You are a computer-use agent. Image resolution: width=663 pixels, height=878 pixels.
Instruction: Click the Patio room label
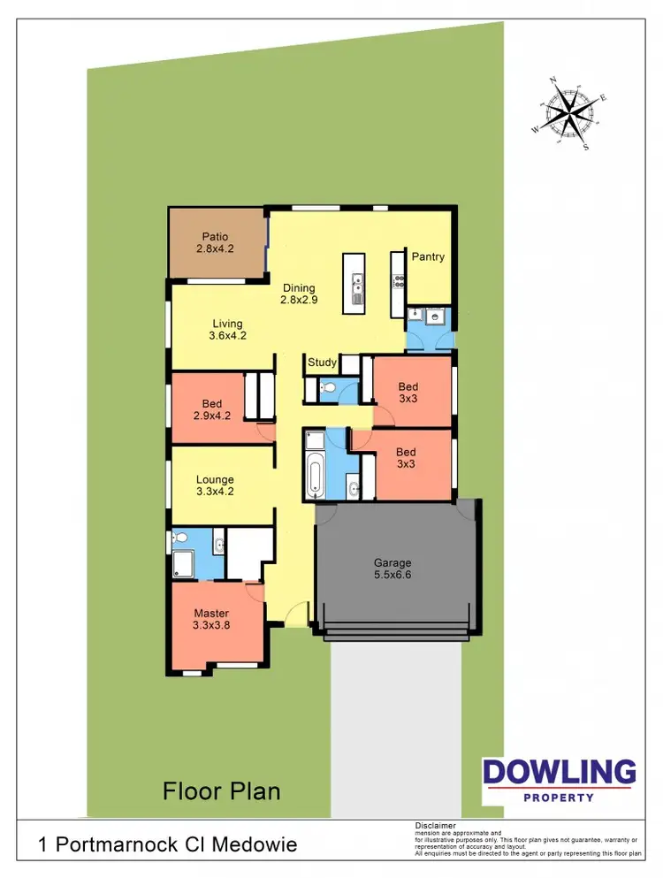click(215, 243)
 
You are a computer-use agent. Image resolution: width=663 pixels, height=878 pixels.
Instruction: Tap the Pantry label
click(428, 257)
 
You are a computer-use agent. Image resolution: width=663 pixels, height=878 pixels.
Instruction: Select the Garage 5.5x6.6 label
click(392, 569)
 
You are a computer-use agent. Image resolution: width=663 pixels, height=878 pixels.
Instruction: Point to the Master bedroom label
click(212, 620)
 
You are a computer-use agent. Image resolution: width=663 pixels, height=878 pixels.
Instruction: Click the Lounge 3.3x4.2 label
click(215, 486)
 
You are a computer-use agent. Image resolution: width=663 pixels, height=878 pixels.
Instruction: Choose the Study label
click(322, 363)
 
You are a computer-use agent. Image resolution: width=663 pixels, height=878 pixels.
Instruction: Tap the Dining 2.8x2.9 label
click(299, 294)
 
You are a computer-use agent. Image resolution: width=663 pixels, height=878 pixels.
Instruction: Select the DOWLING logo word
click(559, 772)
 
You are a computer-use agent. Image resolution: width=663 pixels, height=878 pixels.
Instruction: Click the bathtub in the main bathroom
click(315, 470)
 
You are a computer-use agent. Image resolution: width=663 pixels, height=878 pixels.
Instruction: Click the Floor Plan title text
click(221, 790)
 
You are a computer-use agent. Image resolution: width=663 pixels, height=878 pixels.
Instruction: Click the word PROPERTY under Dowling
click(559, 797)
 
